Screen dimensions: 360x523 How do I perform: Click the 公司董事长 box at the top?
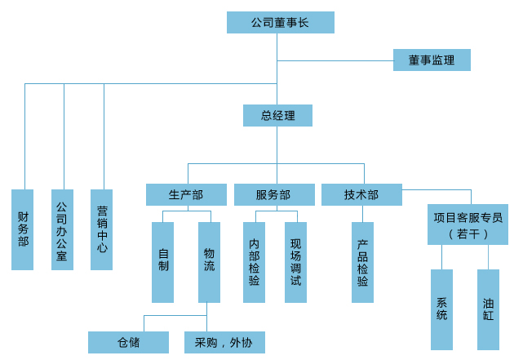pyautogui.click(x=280, y=22)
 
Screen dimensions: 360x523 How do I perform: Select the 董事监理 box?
pyautogui.click(x=432, y=60)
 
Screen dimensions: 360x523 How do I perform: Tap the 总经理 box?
pyautogui.click(x=277, y=115)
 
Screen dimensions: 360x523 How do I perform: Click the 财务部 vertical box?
pyautogui.click(x=23, y=229)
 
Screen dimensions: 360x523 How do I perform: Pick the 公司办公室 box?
pyautogui.click(x=62, y=229)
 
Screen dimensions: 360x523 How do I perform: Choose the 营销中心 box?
pyautogui.click(x=102, y=229)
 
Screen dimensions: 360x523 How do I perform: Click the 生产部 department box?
pyautogui.click(x=186, y=194)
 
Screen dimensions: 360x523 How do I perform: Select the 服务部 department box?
pyautogui.click(x=273, y=194)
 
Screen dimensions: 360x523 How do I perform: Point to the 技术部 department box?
pyautogui.click(x=361, y=194)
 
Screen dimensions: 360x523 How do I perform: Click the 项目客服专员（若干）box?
pyautogui.click(x=468, y=224)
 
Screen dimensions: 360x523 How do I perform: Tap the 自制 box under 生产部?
pyautogui.click(x=163, y=261)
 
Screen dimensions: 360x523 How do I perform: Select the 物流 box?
pyautogui.click(x=209, y=261)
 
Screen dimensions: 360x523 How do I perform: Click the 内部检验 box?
pyautogui.click(x=255, y=261)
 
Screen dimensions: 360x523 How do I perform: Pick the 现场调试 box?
pyautogui.click(x=295, y=261)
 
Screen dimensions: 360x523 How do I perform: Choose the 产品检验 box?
pyautogui.click(x=362, y=261)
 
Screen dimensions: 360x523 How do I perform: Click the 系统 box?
pyautogui.click(x=441, y=309)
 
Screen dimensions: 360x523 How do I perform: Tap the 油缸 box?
pyautogui.click(x=488, y=309)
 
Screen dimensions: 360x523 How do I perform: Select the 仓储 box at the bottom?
pyautogui.click(x=128, y=342)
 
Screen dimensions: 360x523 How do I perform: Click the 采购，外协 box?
pyautogui.click(x=224, y=342)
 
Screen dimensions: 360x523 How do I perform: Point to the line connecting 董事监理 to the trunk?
pyautogui.click(x=335, y=60)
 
